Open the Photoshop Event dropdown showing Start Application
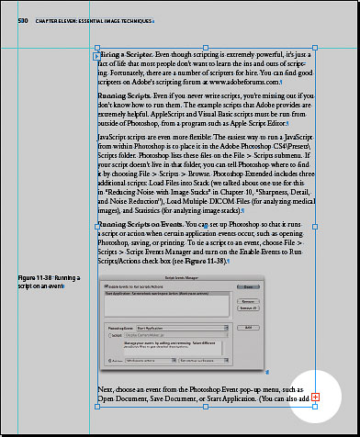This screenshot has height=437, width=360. tap(174, 327)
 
